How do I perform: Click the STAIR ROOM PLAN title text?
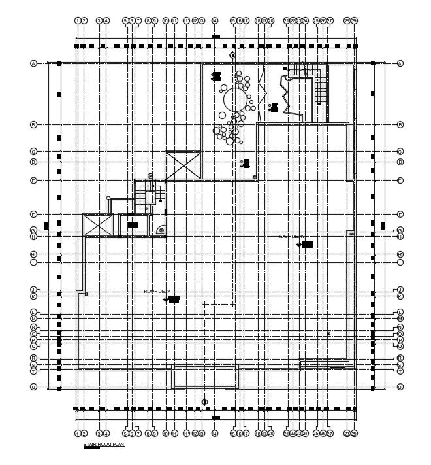103,445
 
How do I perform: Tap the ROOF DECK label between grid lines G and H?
291,236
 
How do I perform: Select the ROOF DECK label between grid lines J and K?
157,291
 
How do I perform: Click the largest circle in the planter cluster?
233,101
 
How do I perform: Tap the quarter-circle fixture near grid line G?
160,230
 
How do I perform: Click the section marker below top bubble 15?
232,56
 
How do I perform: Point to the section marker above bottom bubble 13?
204,402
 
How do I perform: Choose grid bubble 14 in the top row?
215,21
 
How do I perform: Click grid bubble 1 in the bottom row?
78,433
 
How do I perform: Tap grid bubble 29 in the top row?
354,21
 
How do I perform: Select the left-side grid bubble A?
33,63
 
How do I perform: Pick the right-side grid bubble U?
400,387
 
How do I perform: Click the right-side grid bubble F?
400,214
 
